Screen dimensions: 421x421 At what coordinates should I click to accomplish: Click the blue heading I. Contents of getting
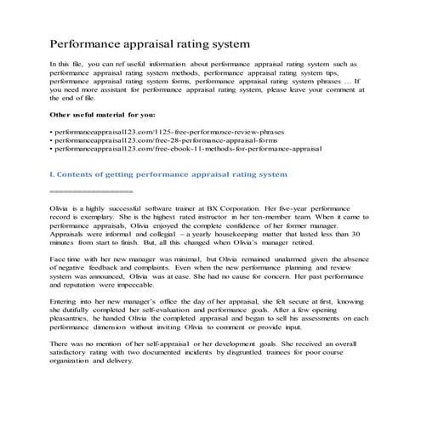point(169,174)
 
